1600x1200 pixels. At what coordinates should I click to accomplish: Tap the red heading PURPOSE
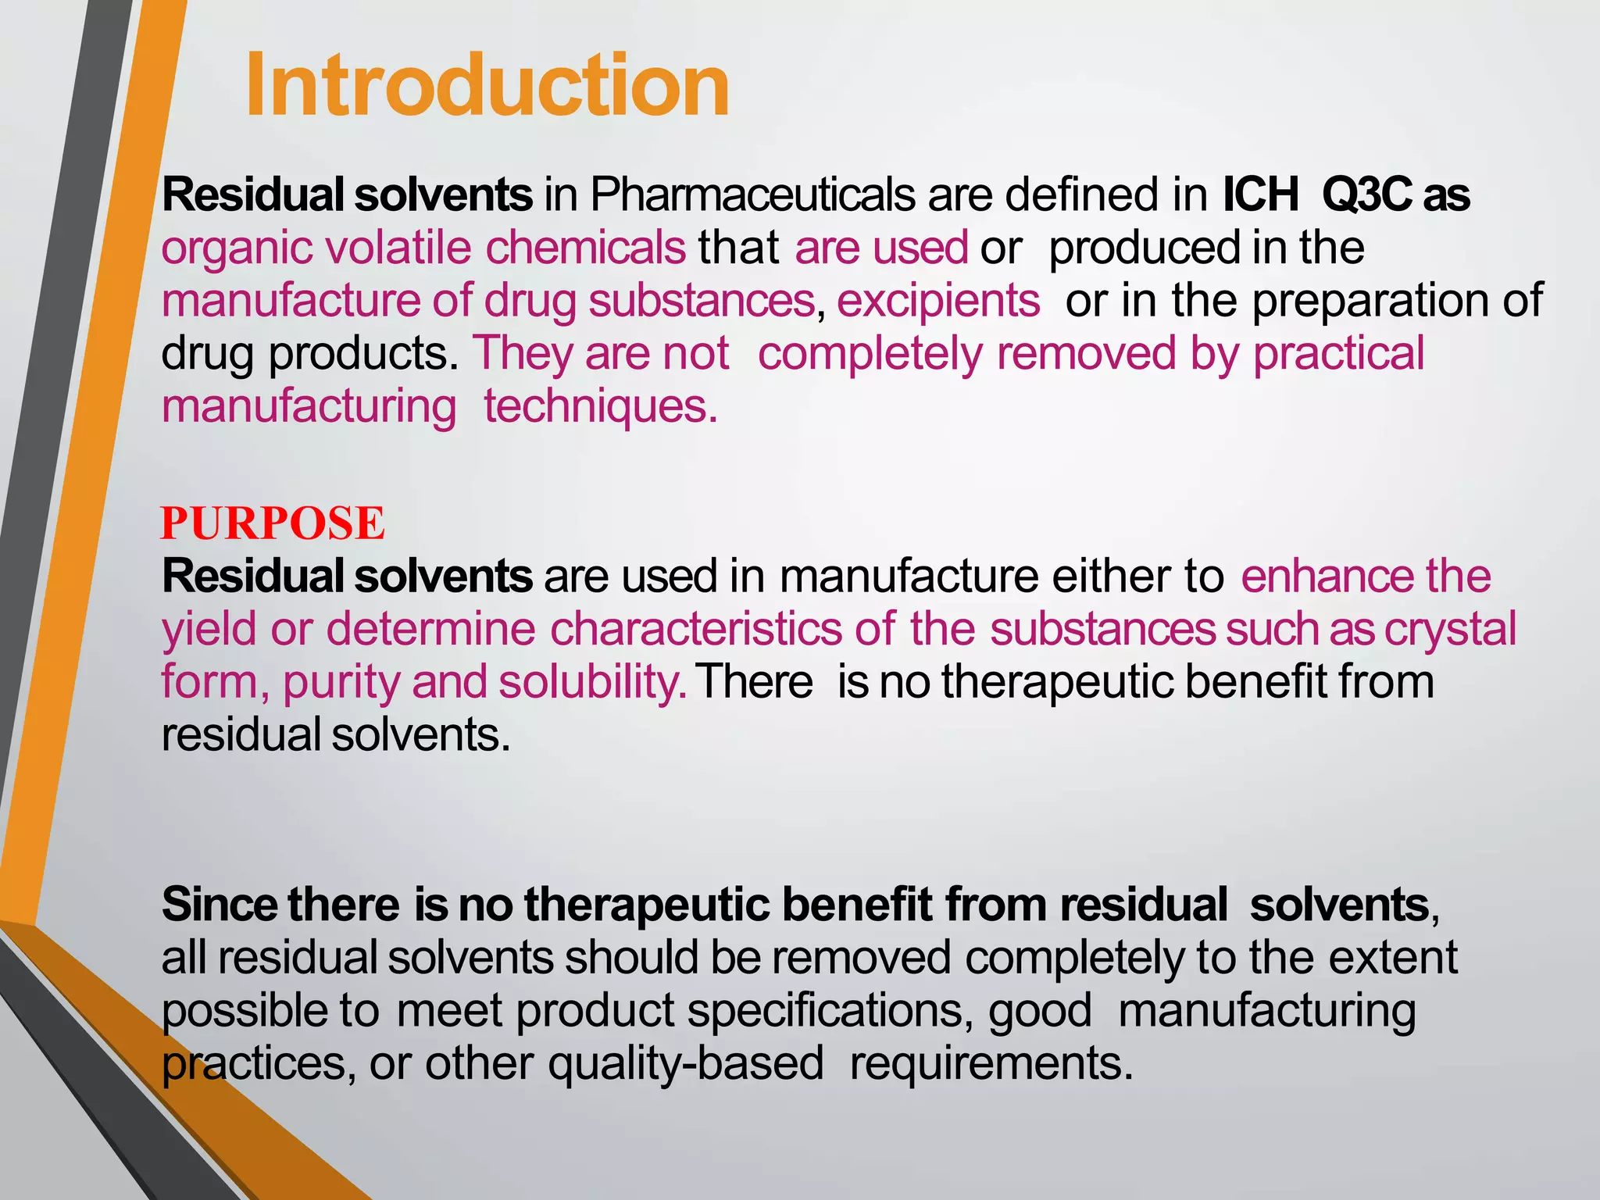tap(273, 523)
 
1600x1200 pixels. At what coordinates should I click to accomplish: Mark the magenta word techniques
tap(600, 406)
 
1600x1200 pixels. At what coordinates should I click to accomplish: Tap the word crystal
tap(1450, 630)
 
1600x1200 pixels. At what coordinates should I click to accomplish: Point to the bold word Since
tap(219, 905)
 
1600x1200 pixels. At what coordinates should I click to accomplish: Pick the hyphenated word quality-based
tap(686, 1063)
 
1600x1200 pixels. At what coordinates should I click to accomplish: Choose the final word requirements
tap(991, 1063)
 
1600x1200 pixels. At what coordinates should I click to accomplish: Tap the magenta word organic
tap(238, 248)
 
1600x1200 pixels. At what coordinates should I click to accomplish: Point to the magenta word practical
tap(1339, 353)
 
